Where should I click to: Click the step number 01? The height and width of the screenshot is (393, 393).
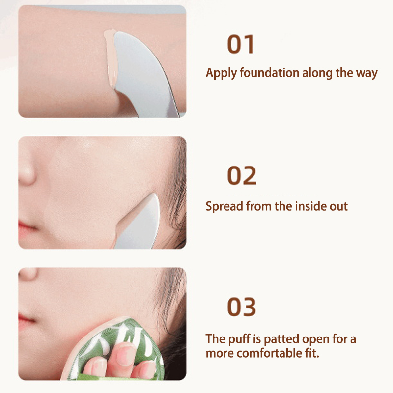(x=241, y=44)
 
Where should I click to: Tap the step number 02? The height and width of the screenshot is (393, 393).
(x=242, y=175)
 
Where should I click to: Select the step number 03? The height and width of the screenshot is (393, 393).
(x=242, y=307)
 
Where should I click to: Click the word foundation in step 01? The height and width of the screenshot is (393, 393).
(x=269, y=73)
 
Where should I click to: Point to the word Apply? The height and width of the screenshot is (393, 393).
(x=221, y=73)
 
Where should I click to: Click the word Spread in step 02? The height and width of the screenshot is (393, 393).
(x=225, y=207)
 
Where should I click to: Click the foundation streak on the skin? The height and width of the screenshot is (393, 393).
(x=111, y=59)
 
